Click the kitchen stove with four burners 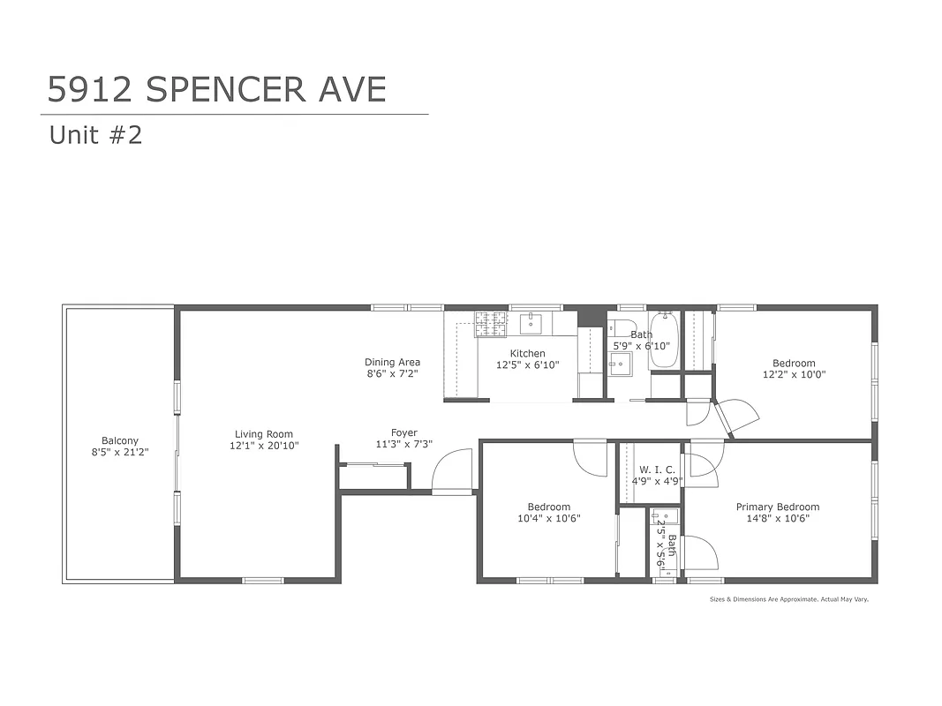tap(492, 324)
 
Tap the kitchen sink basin tap(531, 324)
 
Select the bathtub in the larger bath tap(663, 341)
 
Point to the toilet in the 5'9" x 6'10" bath tap(621, 326)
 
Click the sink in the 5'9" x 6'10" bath tap(621, 363)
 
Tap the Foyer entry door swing tap(453, 471)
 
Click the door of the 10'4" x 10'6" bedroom tap(589, 457)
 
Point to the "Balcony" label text tap(120, 441)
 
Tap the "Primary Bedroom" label tap(778, 507)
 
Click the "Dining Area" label tap(392, 362)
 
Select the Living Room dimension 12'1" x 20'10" tap(264, 446)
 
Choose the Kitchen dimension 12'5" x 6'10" tap(527, 364)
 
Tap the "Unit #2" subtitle tap(95, 135)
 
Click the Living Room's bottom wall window tap(263, 580)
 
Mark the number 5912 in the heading tap(91, 89)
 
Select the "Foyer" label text tap(404, 432)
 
